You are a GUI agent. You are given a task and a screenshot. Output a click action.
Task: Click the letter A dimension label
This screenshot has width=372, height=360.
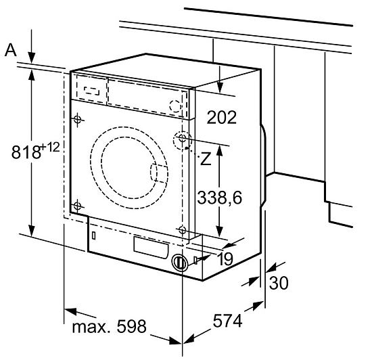pyautogui.click(x=11, y=50)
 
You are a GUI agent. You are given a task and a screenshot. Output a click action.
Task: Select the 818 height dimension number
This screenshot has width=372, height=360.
pyautogui.click(x=26, y=152)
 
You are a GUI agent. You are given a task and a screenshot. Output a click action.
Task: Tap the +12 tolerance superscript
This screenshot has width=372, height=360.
pyautogui.click(x=50, y=148)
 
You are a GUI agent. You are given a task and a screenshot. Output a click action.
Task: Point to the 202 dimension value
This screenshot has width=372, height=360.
pyautogui.click(x=222, y=117)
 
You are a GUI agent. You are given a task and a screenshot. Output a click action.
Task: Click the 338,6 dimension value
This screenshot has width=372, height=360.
pyautogui.click(x=219, y=198)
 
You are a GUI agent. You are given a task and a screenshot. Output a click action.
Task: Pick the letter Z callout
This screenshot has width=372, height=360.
pyautogui.click(x=206, y=158)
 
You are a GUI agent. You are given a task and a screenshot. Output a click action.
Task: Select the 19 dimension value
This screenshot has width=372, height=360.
pyautogui.click(x=225, y=259)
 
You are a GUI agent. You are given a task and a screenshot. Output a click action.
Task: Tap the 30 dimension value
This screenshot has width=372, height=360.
pyautogui.click(x=279, y=283)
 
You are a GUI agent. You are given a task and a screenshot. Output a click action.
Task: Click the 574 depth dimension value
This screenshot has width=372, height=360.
pyautogui.click(x=227, y=321)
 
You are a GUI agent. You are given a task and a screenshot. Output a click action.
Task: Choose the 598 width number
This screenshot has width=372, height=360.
pyautogui.click(x=131, y=326)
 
